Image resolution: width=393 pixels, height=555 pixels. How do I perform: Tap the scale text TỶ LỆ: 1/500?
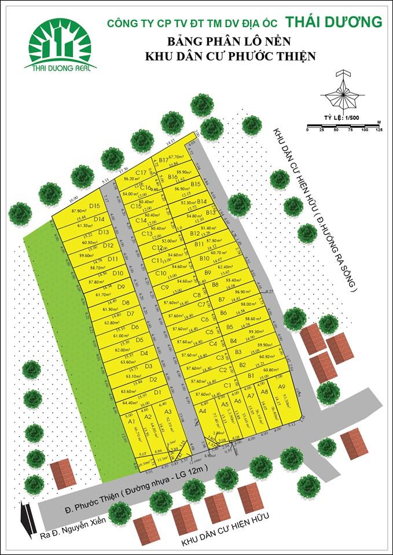[x=341, y=118]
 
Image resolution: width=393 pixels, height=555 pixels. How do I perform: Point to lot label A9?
[x=281, y=386]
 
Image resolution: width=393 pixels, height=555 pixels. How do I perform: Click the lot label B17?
[x=163, y=160]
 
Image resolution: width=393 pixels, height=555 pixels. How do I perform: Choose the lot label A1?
[x=132, y=422]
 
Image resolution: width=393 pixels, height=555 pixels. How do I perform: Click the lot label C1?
[x=227, y=385]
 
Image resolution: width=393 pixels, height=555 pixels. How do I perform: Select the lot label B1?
[x=251, y=376]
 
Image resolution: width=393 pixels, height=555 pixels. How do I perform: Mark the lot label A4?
[x=203, y=410]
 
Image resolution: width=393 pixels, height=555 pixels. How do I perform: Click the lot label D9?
[x=121, y=286]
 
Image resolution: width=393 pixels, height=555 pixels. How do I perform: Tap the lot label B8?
[x=215, y=284]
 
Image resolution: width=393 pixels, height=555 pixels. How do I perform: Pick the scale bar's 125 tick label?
[x=379, y=130]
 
